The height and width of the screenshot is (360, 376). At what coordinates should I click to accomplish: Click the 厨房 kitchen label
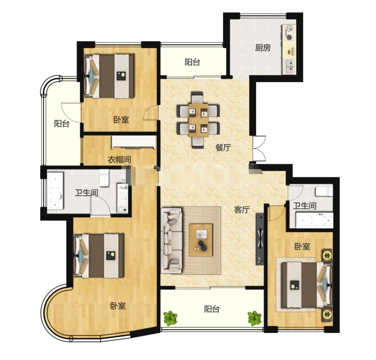263,48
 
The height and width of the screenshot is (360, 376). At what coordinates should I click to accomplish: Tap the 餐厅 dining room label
223,148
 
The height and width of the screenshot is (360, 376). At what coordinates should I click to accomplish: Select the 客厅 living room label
242,210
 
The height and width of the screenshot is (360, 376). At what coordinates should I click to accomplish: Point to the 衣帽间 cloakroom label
119,159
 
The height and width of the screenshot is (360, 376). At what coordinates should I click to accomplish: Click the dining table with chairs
198,120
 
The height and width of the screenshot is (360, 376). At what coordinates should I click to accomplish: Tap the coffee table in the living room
201,240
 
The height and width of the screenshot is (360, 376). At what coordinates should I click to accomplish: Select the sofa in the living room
172,240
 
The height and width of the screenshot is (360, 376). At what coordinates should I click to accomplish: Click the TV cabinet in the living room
260,239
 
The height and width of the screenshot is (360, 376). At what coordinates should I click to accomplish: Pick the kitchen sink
289,66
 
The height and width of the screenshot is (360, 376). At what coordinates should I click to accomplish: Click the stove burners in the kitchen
289,33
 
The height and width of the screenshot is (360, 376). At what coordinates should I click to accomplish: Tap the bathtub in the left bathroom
55,191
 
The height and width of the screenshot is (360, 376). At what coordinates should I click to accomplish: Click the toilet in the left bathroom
104,178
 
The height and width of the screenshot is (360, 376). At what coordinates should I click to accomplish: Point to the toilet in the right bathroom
324,191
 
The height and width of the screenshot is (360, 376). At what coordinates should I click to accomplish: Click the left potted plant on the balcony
171,318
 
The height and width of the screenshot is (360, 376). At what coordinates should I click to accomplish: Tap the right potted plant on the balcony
255,318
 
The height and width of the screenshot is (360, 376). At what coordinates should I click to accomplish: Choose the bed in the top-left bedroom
109,76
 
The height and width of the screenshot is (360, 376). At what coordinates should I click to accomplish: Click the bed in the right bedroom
307,285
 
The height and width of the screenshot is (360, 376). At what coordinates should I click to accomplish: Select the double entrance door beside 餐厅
260,149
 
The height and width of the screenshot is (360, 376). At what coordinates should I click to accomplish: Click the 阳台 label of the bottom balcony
212,309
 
